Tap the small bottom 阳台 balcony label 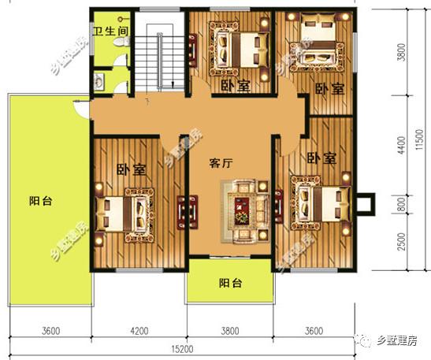click(x=230, y=283)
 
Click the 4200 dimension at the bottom click(x=139, y=330)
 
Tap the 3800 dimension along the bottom click(x=231, y=330)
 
